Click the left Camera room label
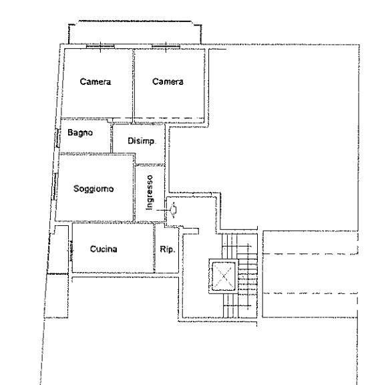(x=95, y=82)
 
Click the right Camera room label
(x=168, y=82)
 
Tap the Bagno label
(x=80, y=132)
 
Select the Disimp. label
(x=142, y=141)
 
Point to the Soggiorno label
(x=93, y=188)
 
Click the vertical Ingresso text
(x=149, y=192)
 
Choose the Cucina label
(x=104, y=249)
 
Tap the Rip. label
(x=168, y=249)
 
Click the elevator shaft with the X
(x=223, y=276)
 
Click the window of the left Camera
(x=100, y=46)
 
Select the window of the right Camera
(x=166, y=46)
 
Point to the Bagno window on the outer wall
(x=57, y=138)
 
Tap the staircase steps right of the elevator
(x=248, y=275)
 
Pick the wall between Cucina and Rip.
(x=154, y=247)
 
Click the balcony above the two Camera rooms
(x=135, y=33)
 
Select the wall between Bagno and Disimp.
(x=112, y=138)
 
